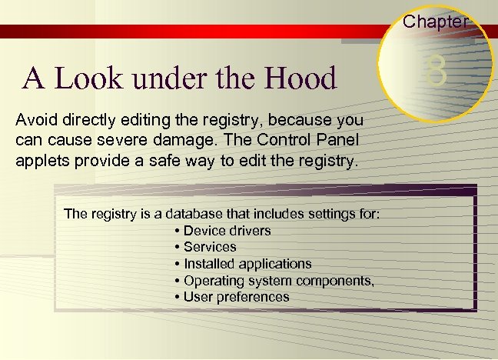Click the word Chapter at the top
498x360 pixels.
point(436,22)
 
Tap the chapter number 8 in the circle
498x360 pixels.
point(436,74)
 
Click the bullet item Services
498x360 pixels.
point(210,247)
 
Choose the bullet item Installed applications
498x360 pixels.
point(247,264)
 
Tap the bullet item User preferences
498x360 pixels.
point(236,297)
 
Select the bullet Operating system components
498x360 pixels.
point(278,280)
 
